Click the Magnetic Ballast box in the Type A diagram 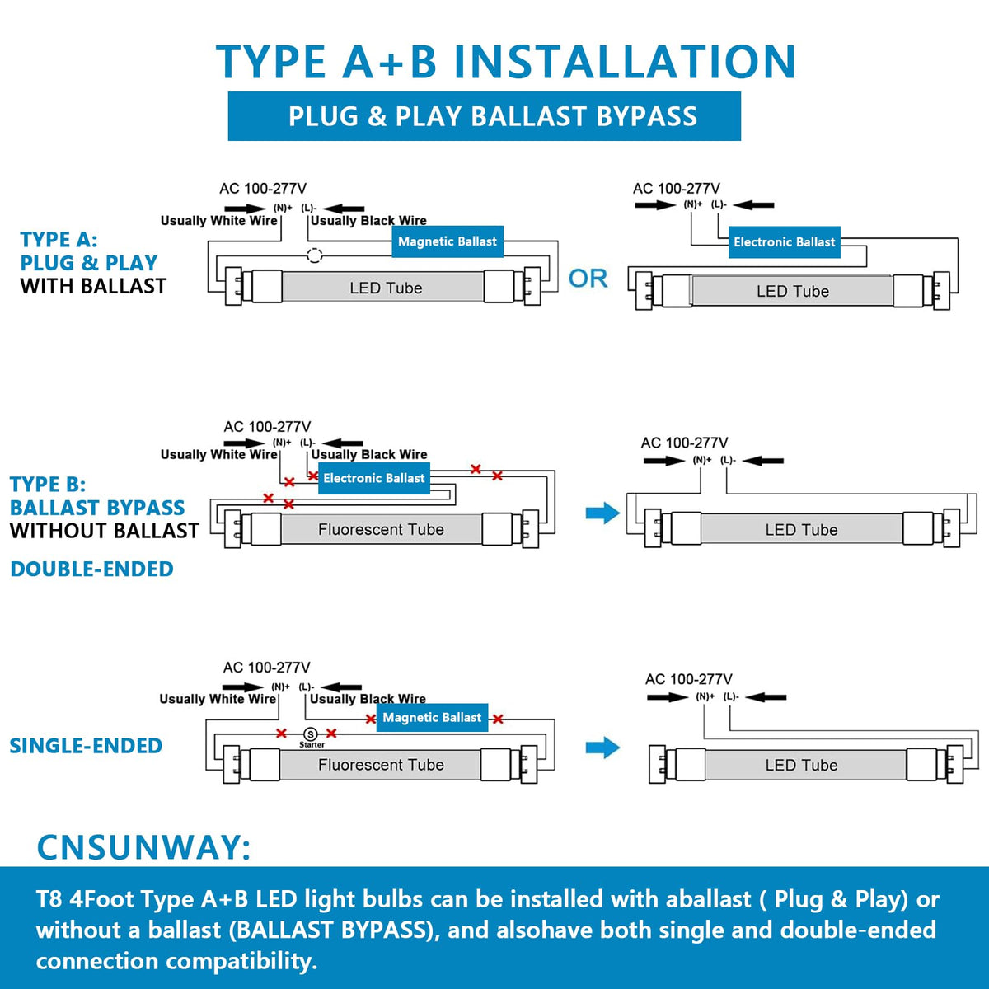(447, 241)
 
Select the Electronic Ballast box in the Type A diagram (785, 241)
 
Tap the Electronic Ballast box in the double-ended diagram (374, 478)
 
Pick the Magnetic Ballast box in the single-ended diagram (432, 717)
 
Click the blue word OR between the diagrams (588, 279)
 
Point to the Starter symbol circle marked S (310, 734)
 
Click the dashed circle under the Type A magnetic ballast (314, 255)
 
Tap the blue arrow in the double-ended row (602, 513)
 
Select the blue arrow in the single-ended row (602, 748)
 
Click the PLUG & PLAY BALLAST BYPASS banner (484, 116)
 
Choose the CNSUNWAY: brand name (143, 847)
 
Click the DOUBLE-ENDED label (91, 569)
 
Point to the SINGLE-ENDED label (86, 746)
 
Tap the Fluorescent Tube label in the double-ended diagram (381, 529)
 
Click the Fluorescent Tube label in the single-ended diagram (381, 765)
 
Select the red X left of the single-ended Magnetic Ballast (371, 719)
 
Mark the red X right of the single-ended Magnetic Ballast (497, 719)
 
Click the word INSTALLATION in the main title (626, 62)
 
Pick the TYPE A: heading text (59, 240)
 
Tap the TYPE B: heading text (48, 485)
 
